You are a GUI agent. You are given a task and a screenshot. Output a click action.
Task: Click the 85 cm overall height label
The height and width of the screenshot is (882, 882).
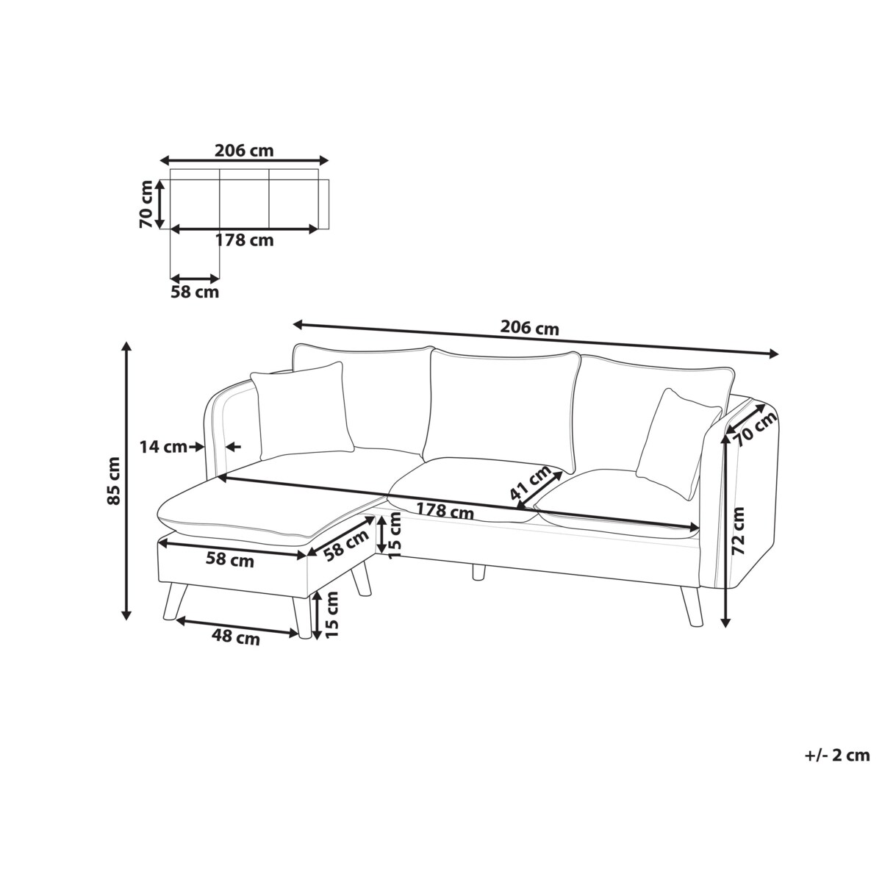(113, 480)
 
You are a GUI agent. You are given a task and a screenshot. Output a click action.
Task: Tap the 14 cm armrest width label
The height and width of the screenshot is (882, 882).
(163, 447)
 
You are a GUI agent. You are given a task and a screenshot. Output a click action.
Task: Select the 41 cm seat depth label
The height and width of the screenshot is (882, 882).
(530, 483)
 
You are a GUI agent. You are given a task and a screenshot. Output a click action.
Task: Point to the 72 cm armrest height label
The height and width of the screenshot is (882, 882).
(738, 531)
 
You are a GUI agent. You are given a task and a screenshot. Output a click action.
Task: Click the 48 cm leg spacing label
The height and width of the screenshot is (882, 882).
(236, 637)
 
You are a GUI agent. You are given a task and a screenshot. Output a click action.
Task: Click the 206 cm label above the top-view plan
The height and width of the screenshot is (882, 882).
(245, 151)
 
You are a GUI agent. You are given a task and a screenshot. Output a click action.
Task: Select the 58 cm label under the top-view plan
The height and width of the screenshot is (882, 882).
(195, 292)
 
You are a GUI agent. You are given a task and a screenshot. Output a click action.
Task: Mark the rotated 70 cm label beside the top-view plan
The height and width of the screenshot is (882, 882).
(146, 204)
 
